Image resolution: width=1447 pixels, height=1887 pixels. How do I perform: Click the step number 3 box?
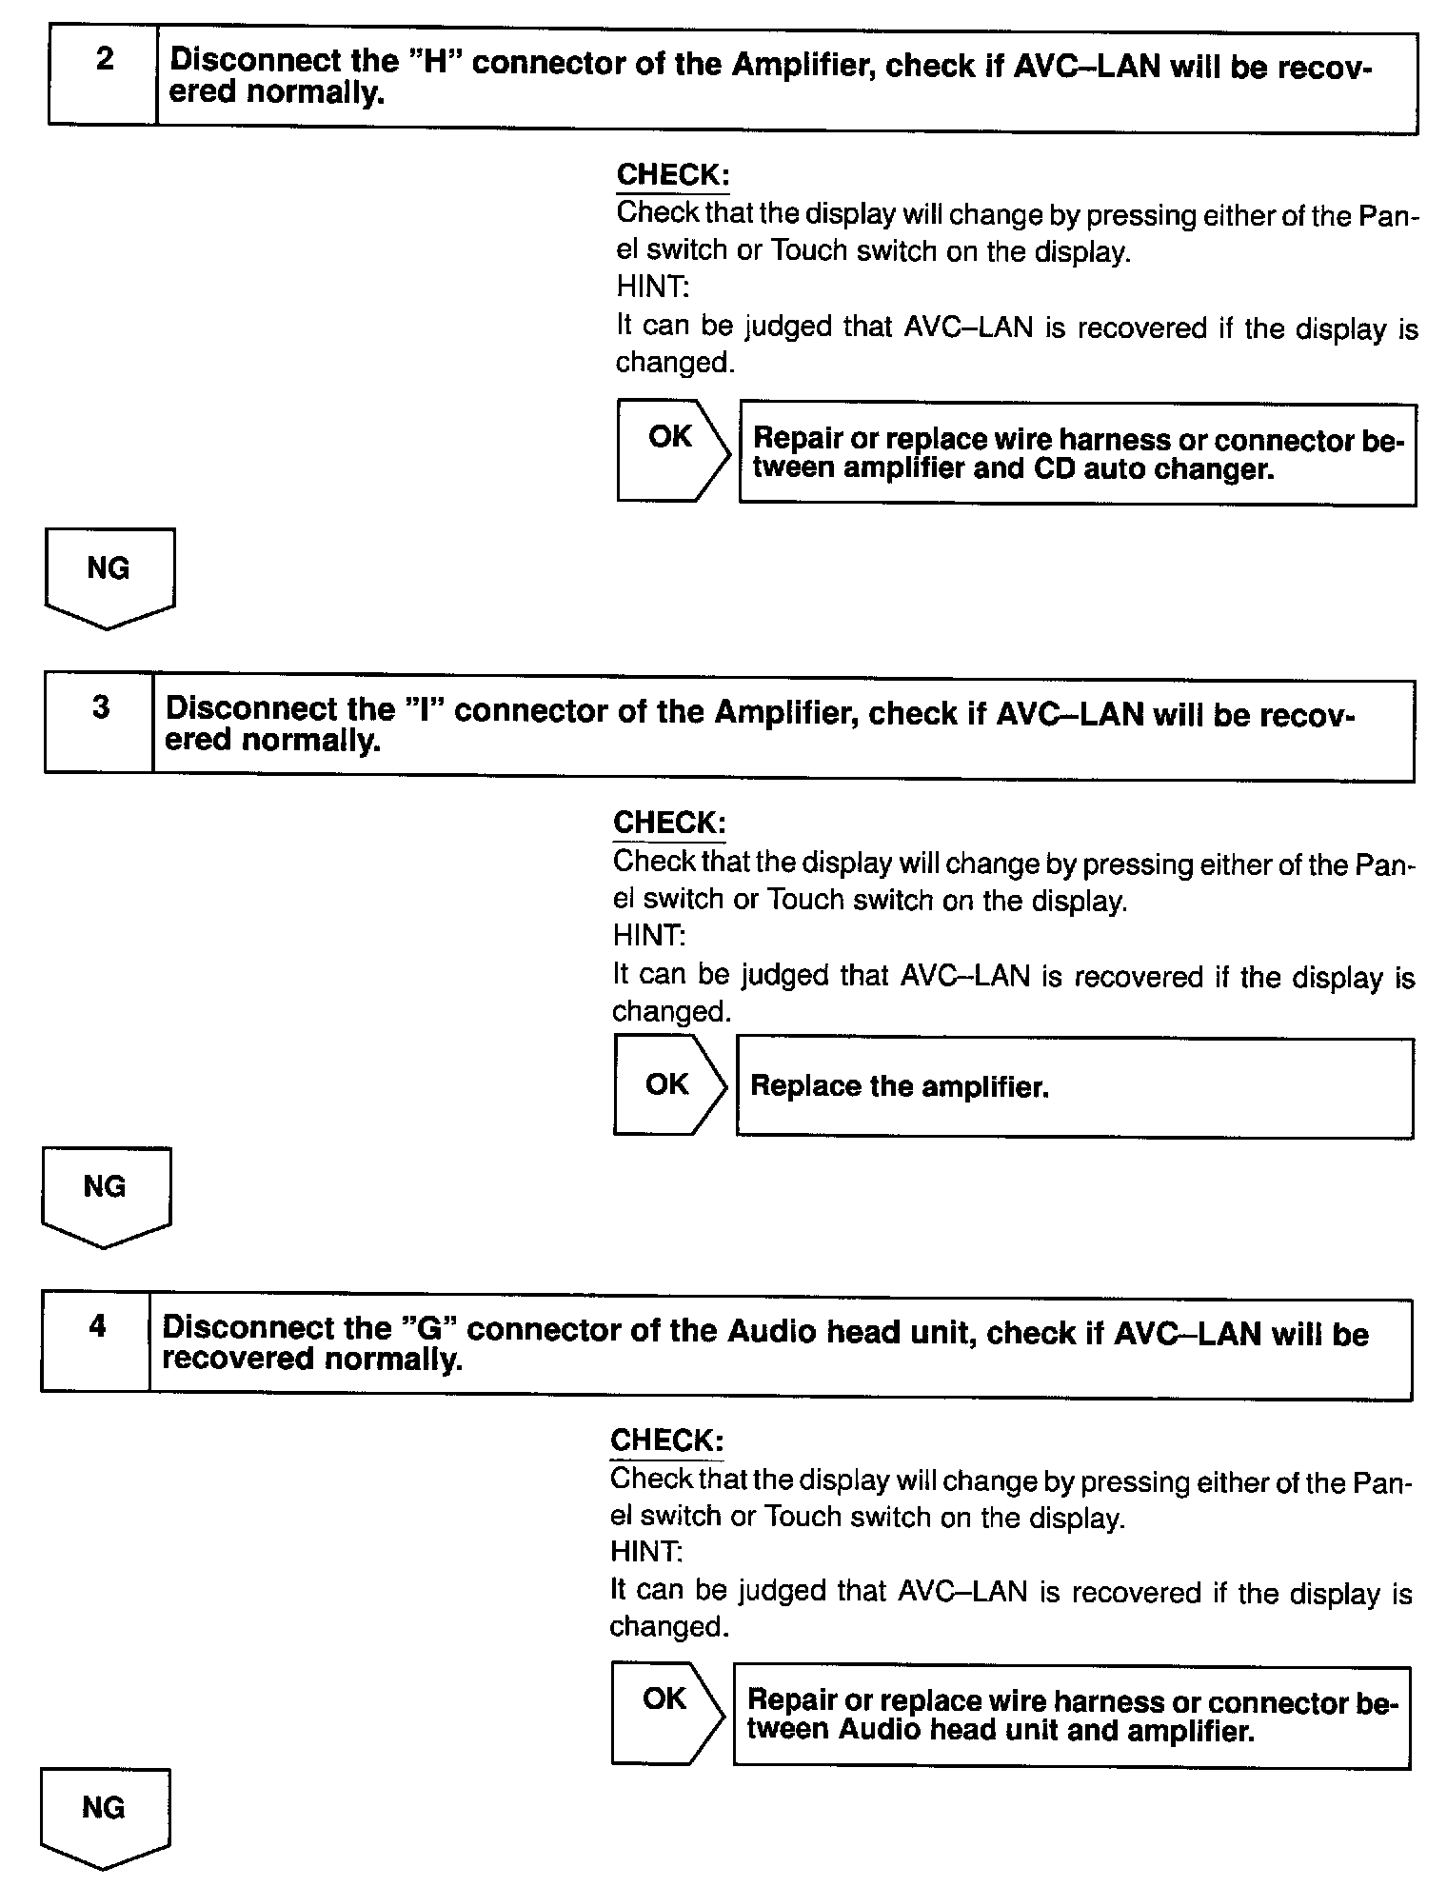click(x=99, y=725)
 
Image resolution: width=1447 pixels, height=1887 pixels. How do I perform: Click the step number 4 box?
click(x=96, y=1343)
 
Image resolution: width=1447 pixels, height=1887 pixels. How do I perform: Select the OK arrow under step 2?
click(x=671, y=450)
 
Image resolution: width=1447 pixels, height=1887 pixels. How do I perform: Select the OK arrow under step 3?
click(x=667, y=1085)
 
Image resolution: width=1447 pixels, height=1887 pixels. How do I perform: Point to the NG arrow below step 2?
click(x=109, y=576)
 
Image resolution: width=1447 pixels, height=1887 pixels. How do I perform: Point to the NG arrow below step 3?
click(x=106, y=1194)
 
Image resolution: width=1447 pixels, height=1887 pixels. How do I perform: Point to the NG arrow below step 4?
click(x=104, y=1815)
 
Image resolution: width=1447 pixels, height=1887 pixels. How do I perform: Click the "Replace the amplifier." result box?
click(x=1074, y=1088)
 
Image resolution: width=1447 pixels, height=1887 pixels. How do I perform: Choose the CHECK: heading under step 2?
click(x=672, y=175)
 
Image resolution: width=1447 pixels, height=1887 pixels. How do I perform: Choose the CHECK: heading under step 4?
click(x=665, y=1440)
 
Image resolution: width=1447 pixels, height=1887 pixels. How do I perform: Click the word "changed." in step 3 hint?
click(x=671, y=1012)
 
